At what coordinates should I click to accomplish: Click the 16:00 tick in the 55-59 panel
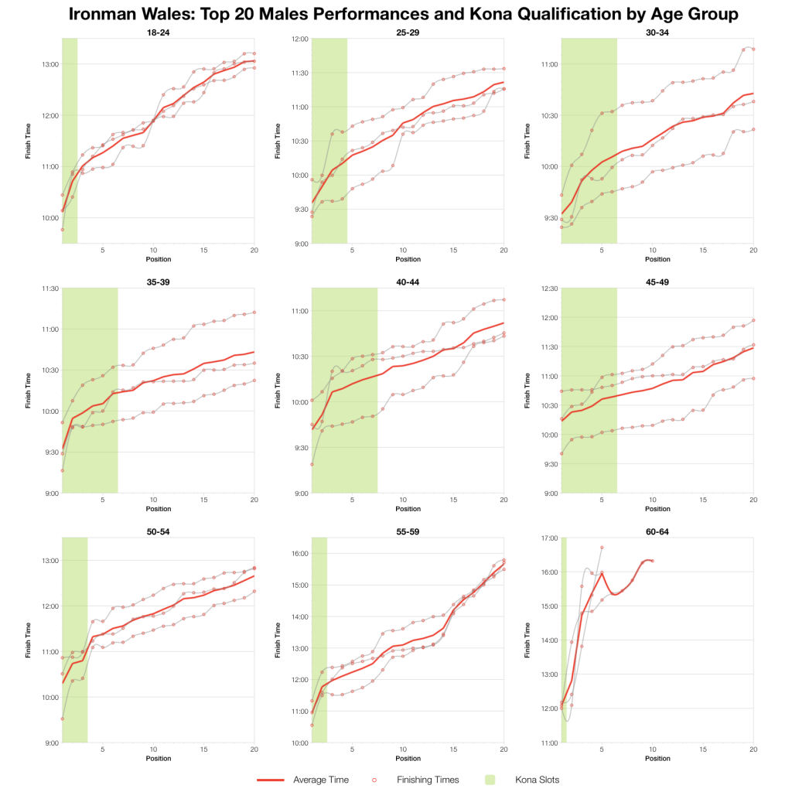pyautogui.click(x=298, y=553)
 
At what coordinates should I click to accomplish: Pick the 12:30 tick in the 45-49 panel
pyautogui.click(x=548, y=288)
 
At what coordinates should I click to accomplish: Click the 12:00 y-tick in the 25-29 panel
pyautogui.click(x=298, y=39)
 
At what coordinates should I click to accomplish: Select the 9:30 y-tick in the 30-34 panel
pyautogui.click(x=549, y=217)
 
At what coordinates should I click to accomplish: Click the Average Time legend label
pyautogui.click(x=321, y=780)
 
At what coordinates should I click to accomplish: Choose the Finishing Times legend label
pyautogui.click(x=428, y=780)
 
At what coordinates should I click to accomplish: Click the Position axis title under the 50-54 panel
pyautogui.click(x=158, y=759)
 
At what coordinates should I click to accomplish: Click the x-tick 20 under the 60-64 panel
pyautogui.click(x=753, y=749)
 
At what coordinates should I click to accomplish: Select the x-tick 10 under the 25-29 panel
pyautogui.click(x=403, y=250)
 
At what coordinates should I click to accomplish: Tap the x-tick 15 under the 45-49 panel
pyautogui.click(x=703, y=500)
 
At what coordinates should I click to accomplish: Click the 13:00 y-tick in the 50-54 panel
pyautogui.click(x=48, y=561)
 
